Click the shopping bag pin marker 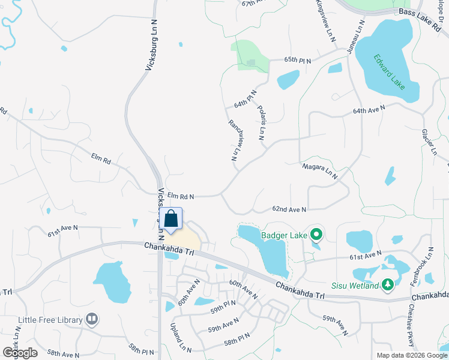point(171,220)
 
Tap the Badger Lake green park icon point(317,235)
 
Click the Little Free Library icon point(92,319)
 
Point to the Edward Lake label point(389,72)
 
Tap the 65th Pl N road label point(298,60)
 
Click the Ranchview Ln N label point(237,140)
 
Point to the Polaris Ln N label point(261,123)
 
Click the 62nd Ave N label point(289,209)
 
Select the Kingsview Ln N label point(325,20)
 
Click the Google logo point(20,352)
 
